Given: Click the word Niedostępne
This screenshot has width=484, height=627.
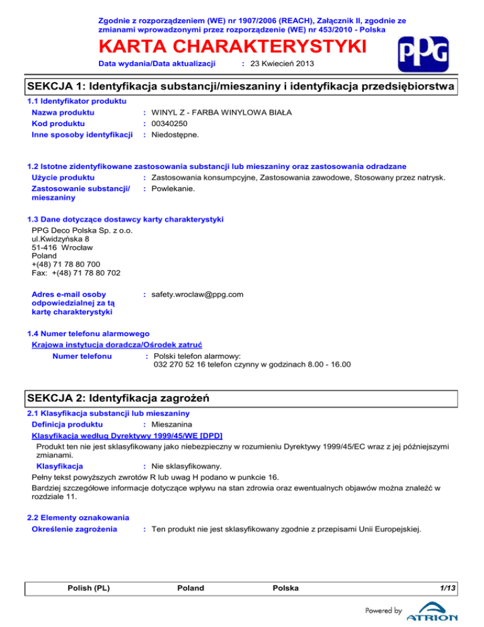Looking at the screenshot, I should [x=176, y=134].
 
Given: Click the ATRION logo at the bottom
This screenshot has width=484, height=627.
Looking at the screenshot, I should [x=432, y=615].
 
